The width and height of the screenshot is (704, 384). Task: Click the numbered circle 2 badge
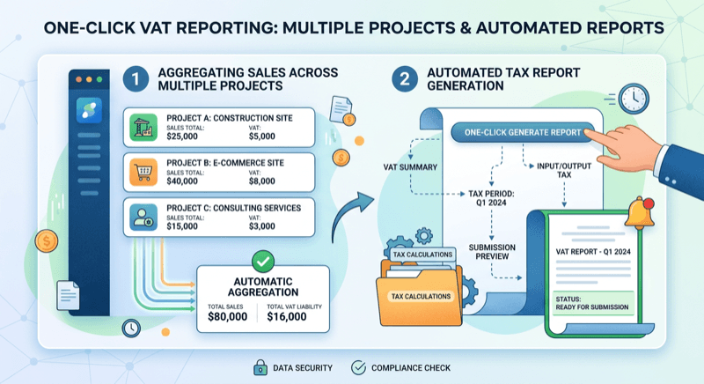[404, 78]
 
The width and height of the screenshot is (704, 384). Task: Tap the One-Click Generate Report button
[517, 133]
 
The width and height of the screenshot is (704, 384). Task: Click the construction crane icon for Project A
[143, 125]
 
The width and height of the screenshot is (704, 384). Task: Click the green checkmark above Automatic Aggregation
[263, 262]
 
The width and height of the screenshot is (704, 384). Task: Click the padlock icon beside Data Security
[262, 367]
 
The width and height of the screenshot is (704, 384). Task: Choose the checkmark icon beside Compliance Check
[358, 367]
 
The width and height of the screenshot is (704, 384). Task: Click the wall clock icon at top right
[634, 96]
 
